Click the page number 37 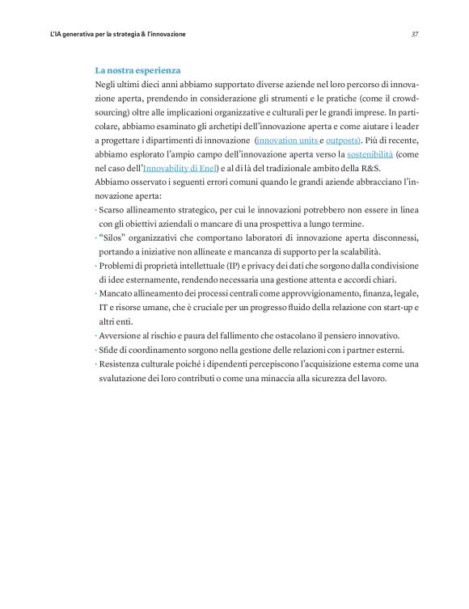[414, 35]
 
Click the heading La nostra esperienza [137, 70]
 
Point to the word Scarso [114, 210]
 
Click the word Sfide [111, 349]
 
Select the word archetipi [244, 126]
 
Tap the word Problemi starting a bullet [119, 266]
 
